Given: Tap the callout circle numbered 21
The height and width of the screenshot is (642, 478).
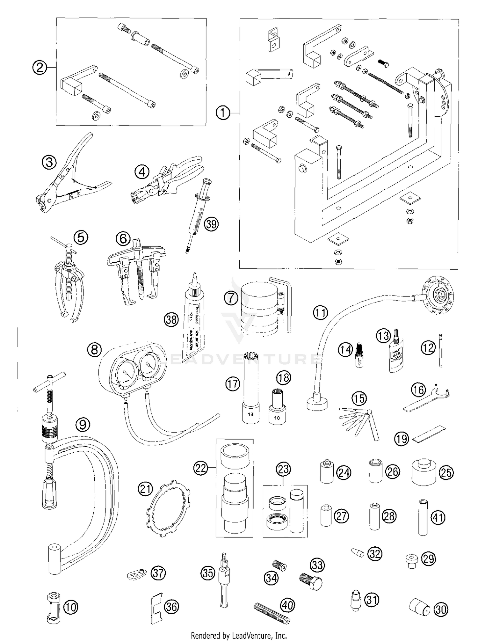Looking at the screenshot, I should click(145, 489).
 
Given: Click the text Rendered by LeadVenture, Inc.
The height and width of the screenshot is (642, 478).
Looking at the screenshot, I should click(239, 636).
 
